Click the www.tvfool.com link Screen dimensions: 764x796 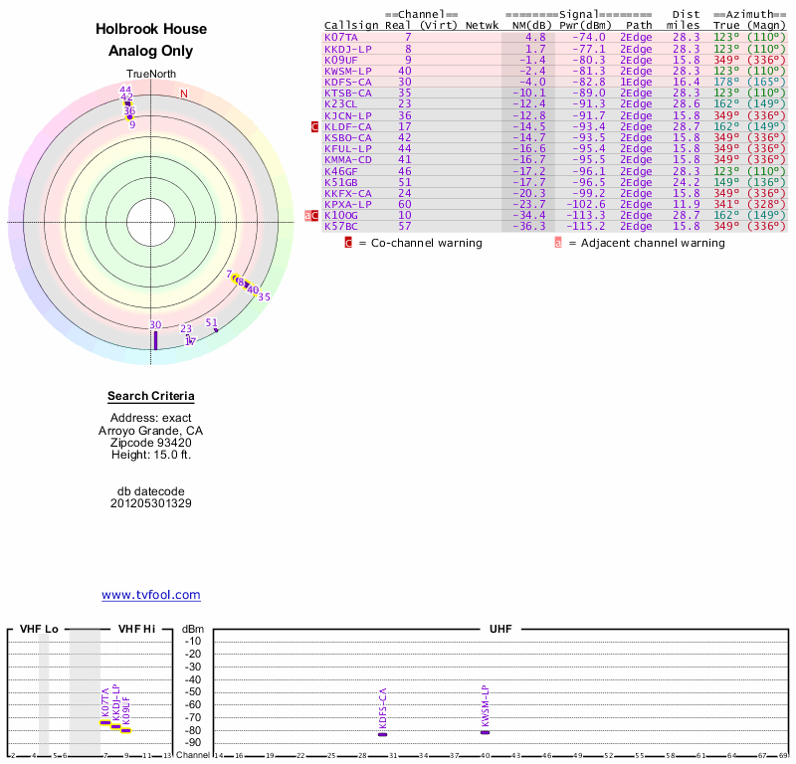pos(151,595)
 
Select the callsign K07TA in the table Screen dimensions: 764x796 pos(340,37)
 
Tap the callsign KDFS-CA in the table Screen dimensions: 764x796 pos(347,82)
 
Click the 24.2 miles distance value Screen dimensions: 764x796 pos(686,182)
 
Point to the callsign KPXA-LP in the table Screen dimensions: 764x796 pos(347,204)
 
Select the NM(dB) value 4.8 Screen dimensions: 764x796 pos(535,37)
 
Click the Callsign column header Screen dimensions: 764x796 pos(351,25)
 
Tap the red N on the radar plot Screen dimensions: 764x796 pos(183,95)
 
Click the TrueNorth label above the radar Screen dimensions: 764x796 pos(150,75)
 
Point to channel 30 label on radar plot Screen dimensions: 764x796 pos(155,325)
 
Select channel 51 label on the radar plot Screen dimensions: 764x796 pos(211,322)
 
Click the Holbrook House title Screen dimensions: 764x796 pos(151,30)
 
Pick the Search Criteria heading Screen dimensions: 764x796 pos(151,396)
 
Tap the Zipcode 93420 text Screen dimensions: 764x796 pos(151,443)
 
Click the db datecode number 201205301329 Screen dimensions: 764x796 pos(151,503)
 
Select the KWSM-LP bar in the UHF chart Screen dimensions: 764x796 pos(486,732)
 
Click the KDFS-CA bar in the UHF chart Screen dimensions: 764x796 pos(383,734)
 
